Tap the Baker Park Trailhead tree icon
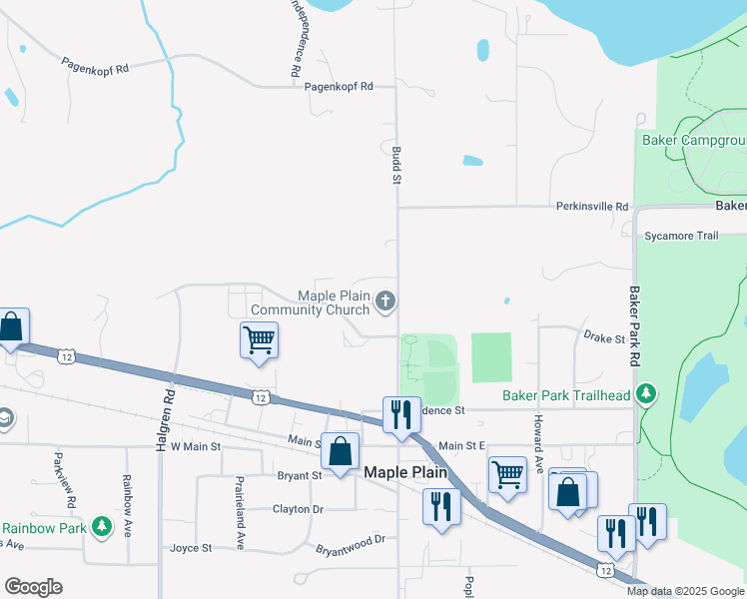(x=647, y=395)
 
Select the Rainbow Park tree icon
(x=101, y=526)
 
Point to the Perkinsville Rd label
(x=593, y=207)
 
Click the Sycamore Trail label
(x=681, y=236)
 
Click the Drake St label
(x=603, y=338)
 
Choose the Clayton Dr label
(x=298, y=509)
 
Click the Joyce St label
(x=191, y=547)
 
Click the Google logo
(x=33, y=587)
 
